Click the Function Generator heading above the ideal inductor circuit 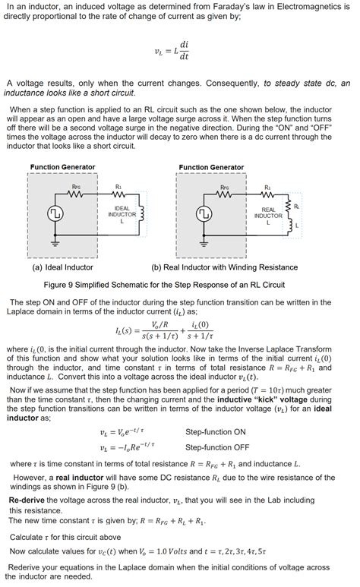point(62,167)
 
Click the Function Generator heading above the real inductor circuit point(211,167)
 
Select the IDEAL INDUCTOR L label point(122,214)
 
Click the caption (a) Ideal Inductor point(62,267)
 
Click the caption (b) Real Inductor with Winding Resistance point(225,267)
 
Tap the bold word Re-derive point(30,500)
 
